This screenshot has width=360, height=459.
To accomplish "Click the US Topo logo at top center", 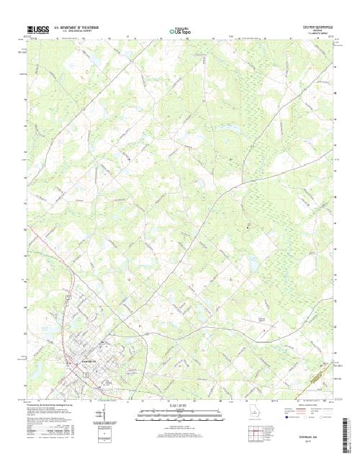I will tap(181, 31).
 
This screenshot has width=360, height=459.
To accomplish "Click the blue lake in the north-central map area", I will tap(230, 130).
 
